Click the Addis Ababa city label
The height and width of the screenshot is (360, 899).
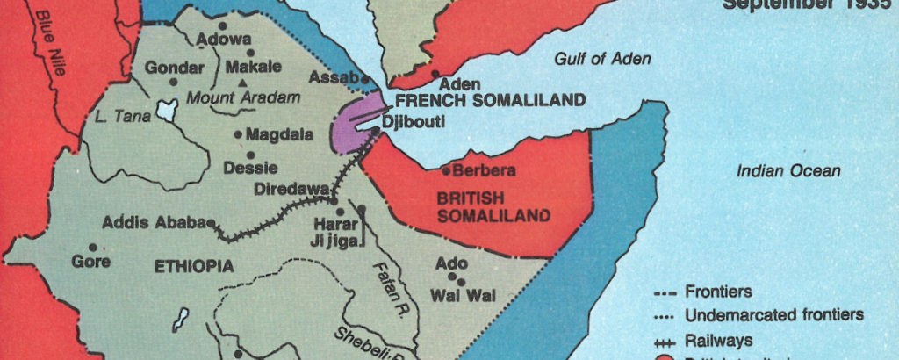coord(153,222)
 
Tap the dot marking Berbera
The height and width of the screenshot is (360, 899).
coord(446,170)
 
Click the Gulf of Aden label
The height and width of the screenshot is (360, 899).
coord(602,59)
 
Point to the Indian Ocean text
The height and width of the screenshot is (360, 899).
coord(788,171)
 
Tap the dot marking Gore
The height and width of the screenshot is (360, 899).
coord(92,247)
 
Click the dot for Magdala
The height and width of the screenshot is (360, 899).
coord(238,134)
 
